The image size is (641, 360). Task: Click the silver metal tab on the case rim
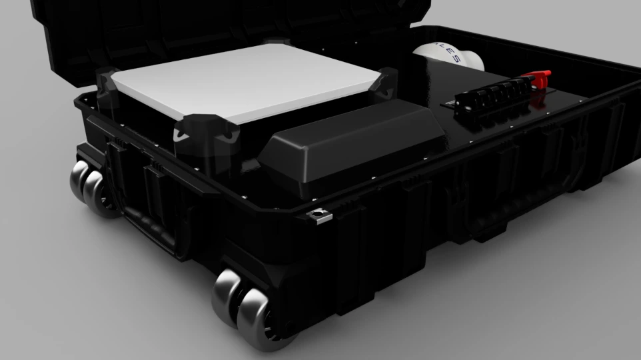[320, 214]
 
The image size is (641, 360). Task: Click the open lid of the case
[200, 27]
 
